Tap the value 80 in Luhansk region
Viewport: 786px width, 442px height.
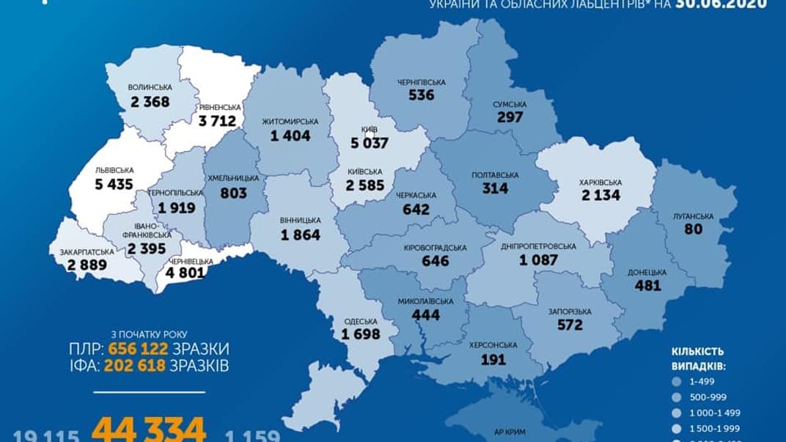pos(692,229)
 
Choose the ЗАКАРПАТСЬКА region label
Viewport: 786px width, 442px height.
pos(87,251)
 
